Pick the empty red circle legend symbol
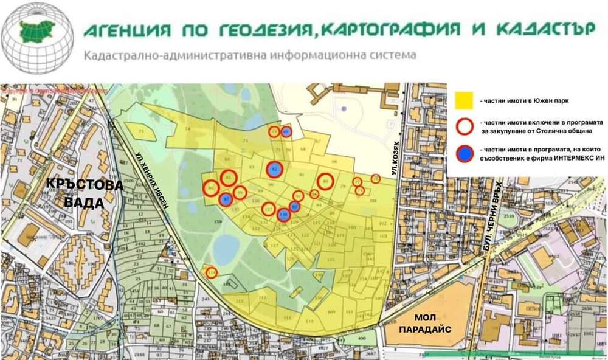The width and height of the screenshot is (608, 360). [465, 126]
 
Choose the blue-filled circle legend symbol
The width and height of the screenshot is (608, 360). [465, 154]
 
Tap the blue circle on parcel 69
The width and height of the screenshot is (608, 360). [286, 131]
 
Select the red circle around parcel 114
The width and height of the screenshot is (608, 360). [212, 272]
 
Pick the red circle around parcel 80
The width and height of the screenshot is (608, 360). [326, 181]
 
